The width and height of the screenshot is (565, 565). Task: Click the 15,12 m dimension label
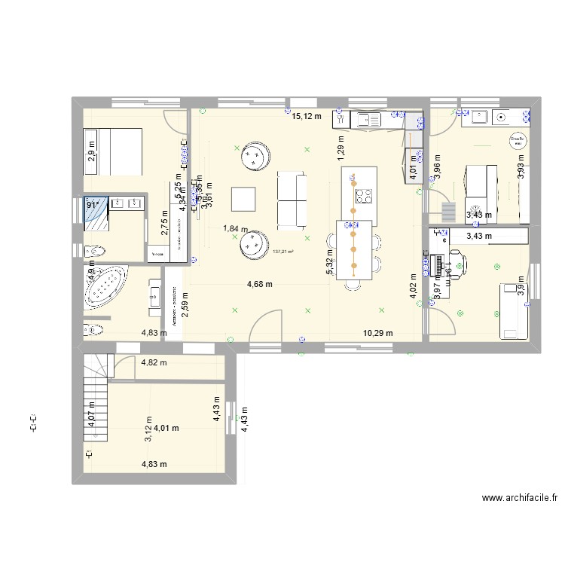click(x=307, y=116)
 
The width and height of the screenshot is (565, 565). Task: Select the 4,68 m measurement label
click(x=260, y=284)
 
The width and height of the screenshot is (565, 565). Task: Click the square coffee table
click(x=245, y=198)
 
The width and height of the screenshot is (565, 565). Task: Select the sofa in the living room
click(x=292, y=200)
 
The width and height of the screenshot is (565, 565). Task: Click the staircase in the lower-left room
click(x=96, y=399)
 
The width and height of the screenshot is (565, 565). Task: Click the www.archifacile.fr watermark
click(x=521, y=498)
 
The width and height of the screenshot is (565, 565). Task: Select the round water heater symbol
click(x=517, y=141)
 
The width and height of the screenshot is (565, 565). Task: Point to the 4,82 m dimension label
click(x=154, y=362)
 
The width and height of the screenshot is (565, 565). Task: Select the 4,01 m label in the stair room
click(x=166, y=428)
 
